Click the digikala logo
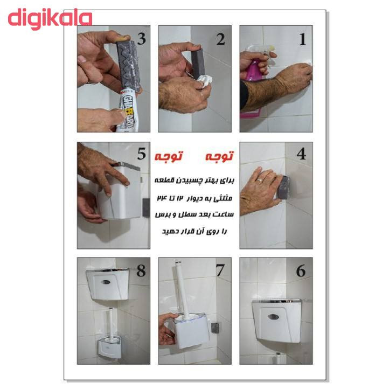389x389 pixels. [50, 18]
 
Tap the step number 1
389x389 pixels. [302, 39]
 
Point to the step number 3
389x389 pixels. [142, 39]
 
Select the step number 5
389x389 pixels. [141, 155]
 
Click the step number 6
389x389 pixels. [301, 270]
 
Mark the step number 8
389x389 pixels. [141, 270]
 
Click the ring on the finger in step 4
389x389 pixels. [260, 176]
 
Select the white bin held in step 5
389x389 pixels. [120, 191]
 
